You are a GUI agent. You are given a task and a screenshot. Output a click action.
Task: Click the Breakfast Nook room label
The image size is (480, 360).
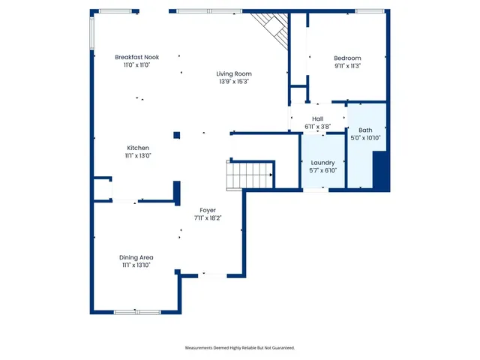pyautogui.click(x=137, y=58)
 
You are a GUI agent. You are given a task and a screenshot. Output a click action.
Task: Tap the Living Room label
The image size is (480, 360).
pyautogui.click(x=233, y=73)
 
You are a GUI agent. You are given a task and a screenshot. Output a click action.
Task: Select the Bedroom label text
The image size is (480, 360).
pyautogui.click(x=347, y=58)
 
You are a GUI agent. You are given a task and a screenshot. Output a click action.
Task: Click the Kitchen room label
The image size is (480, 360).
pyautogui.click(x=138, y=148)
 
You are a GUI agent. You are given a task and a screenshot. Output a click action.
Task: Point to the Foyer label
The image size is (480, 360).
pyautogui.click(x=208, y=210)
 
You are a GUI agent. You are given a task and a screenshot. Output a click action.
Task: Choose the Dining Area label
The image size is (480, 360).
pyautogui.click(x=136, y=257)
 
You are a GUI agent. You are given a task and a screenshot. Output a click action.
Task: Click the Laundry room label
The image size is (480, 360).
pyautogui.click(x=322, y=162)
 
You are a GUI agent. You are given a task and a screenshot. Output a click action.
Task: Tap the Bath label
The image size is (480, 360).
pyautogui.click(x=365, y=130)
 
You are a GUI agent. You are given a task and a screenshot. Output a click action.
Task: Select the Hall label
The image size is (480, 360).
pyautogui.click(x=317, y=118)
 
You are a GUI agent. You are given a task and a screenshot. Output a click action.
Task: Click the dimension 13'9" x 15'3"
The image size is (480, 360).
pyautogui.click(x=233, y=81)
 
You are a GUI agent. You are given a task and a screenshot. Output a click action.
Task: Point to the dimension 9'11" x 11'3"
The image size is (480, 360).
pyautogui.click(x=347, y=66)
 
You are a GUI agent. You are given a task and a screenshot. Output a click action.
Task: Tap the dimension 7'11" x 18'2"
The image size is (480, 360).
pyautogui.click(x=208, y=217)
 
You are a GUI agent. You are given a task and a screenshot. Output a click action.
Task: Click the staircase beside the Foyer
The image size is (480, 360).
pyautogui.click(x=250, y=175)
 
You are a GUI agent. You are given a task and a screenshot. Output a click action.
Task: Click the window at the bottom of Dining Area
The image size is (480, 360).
pyautogui.click(x=136, y=311)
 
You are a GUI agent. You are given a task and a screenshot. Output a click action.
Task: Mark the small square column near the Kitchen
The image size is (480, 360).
pyautogui.click(x=176, y=135)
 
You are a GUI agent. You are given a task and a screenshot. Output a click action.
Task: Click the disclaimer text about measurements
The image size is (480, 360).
pyautogui.click(x=240, y=348)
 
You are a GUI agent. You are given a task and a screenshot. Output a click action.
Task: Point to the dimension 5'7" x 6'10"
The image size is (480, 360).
pyautogui.click(x=322, y=170)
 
